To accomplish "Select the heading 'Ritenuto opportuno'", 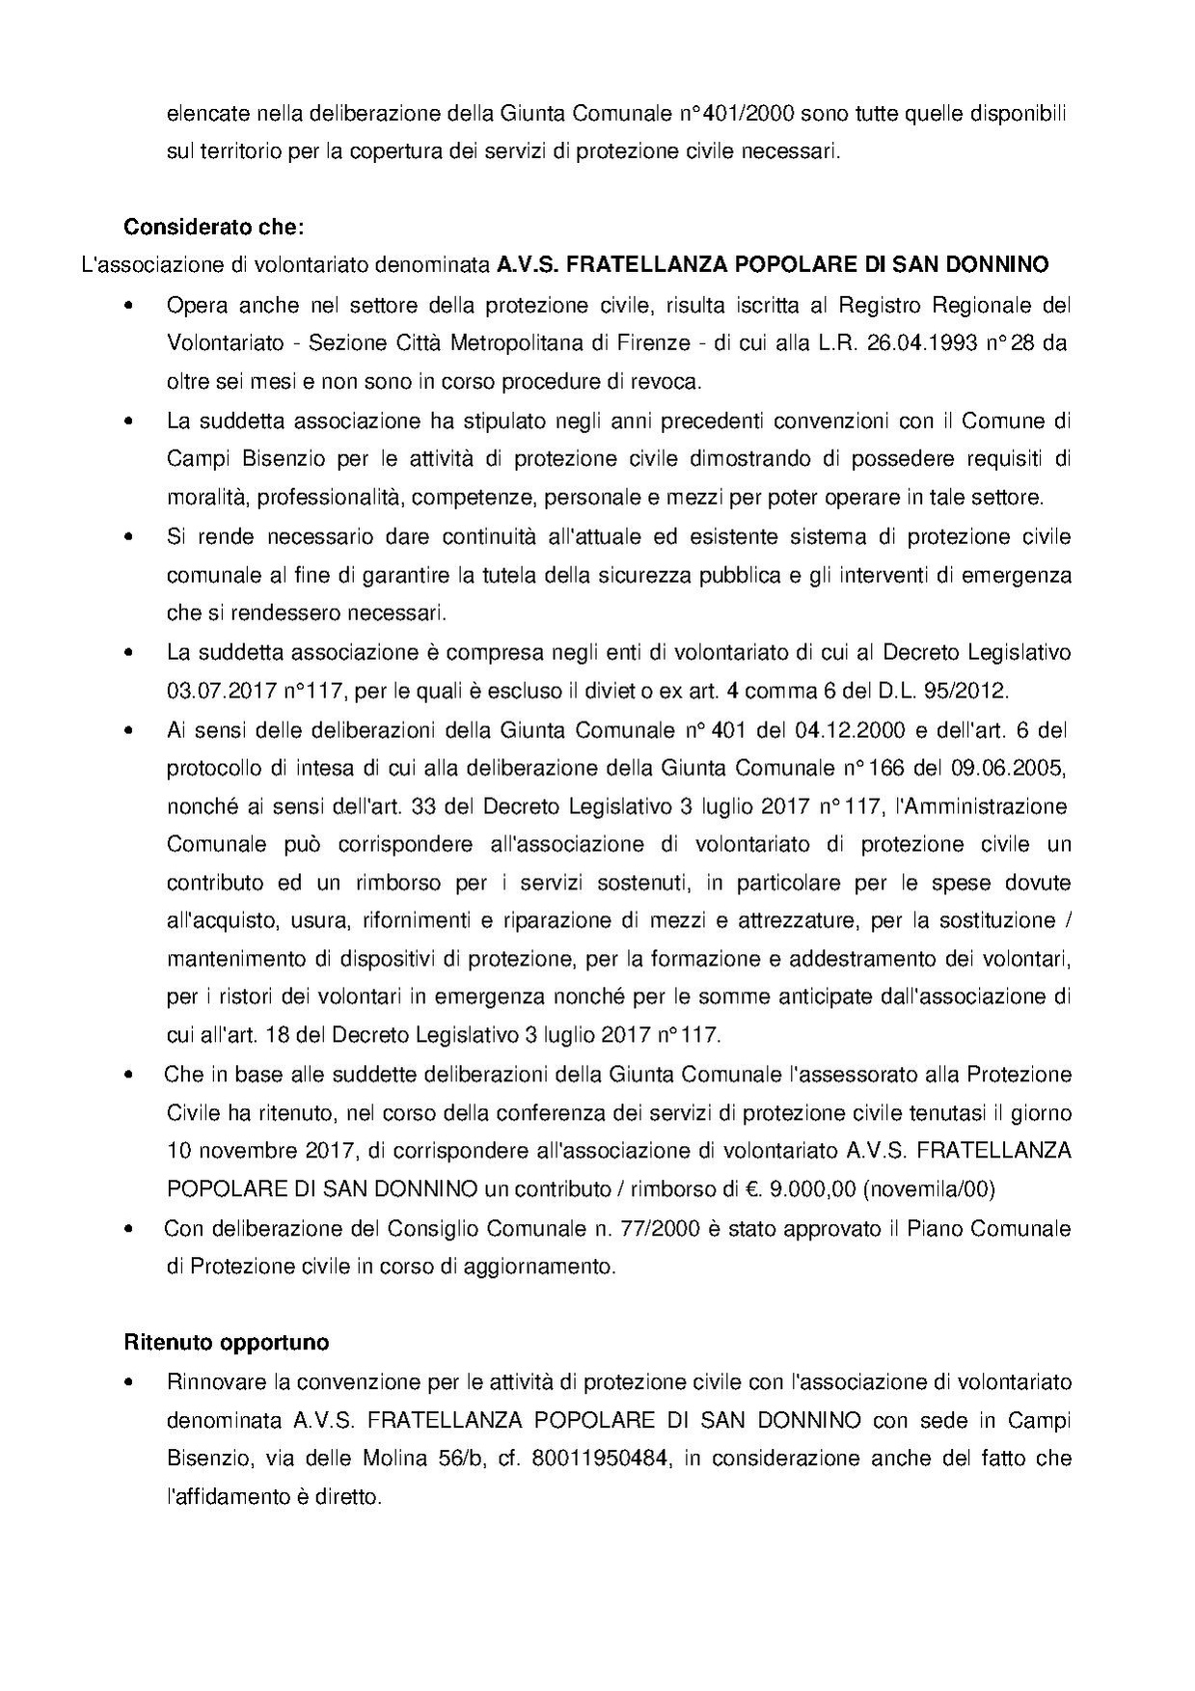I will point(227,1342).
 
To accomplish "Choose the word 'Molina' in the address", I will point(394,1458).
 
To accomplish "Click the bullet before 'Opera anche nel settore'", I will point(128,306).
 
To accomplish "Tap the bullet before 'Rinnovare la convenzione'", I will point(128,1381).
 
